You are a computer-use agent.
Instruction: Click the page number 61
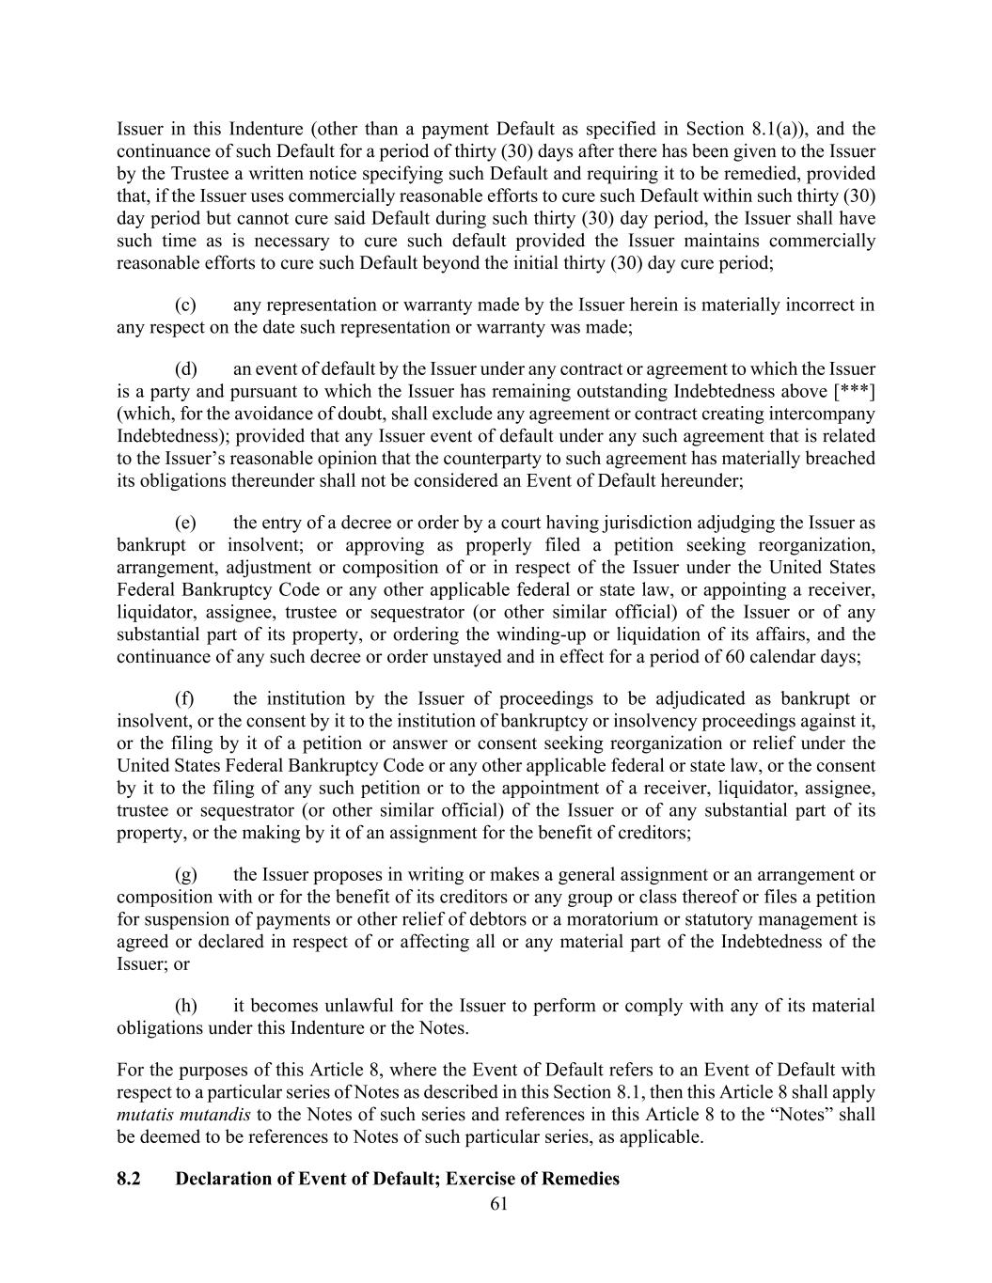tap(499, 1204)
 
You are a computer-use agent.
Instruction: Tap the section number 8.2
tap(129, 1179)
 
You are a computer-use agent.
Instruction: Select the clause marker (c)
tap(186, 305)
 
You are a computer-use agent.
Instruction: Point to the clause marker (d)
tap(186, 368)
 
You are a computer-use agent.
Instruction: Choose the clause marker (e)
tap(186, 523)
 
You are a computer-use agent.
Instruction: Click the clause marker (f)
tap(185, 698)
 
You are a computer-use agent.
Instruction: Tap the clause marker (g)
tap(186, 874)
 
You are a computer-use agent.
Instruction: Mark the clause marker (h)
tap(186, 1006)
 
